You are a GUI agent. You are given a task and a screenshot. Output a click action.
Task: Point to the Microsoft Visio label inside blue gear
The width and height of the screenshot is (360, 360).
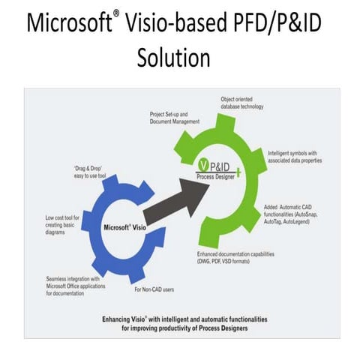tap(123, 227)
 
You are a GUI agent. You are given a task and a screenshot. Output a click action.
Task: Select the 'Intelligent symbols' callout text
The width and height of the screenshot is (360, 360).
tap(295, 156)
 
